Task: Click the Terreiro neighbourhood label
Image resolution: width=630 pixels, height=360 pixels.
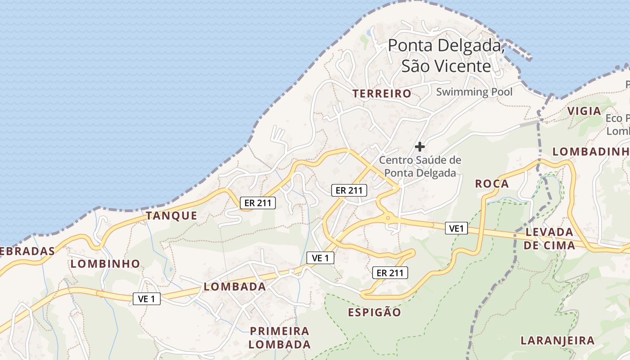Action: [382, 94]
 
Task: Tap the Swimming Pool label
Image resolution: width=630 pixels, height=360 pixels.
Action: [474, 92]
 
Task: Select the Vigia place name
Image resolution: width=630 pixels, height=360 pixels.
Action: [584, 111]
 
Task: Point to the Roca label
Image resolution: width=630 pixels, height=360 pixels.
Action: [492, 184]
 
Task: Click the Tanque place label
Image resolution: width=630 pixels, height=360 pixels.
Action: [171, 216]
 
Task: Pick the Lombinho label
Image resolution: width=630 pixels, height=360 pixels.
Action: [105, 264]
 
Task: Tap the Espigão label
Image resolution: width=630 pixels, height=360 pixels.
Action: [374, 312]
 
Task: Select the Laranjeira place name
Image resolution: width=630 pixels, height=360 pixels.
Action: [558, 341]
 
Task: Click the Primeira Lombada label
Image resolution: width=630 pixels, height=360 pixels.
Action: [280, 337]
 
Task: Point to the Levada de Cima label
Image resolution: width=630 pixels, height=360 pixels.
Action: [549, 239]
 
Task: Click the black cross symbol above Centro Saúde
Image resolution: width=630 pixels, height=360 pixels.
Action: [420, 146]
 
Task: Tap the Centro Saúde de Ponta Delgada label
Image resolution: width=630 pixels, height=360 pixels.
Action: [420, 166]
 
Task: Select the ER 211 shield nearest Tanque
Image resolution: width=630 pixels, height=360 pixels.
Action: [257, 203]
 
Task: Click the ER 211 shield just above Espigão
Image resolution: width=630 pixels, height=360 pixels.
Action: [390, 272]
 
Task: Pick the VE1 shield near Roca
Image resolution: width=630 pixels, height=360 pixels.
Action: [456, 229]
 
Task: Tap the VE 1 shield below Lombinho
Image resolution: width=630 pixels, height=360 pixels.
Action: [147, 298]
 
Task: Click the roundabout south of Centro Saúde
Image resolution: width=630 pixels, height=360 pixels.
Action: [387, 218]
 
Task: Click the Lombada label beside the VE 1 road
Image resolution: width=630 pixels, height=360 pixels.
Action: [234, 287]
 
